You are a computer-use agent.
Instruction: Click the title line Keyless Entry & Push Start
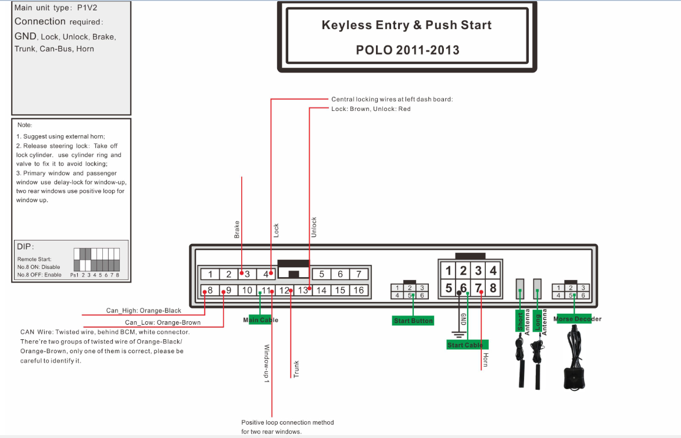pyautogui.click(x=407, y=25)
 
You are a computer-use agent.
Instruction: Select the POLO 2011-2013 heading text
pyautogui.click(x=407, y=50)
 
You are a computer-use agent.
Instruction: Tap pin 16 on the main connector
pyautogui.click(x=359, y=290)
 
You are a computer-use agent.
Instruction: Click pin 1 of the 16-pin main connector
pyautogui.click(x=210, y=274)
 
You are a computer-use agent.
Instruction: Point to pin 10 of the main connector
pyautogui.click(x=247, y=290)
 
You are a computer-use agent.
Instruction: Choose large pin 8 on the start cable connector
pyautogui.click(x=493, y=288)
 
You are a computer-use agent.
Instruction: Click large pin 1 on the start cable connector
pyautogui.click(x=449, y=271)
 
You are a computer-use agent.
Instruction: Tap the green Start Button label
pyautogui.click(x=413, y=321)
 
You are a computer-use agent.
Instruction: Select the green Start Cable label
pyautogui.click(x=467, y=344)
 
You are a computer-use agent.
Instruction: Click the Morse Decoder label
pyautogui.click(x=577, y=319)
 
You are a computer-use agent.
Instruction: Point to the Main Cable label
pyautogui.click(x=260, y=320)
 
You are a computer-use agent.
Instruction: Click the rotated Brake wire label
pyautogui.click(x=236, y=229)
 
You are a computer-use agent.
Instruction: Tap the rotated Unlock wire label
pyautogui.click(x=314, y=227)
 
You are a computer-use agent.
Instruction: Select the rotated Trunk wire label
pyautogui.click(x=296, y=369)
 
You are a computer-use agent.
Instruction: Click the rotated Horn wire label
pyautogui.click(x=486, y=360)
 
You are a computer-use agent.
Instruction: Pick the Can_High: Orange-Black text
pyautogui.click(x=144, y=310)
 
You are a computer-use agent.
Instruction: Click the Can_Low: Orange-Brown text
pyautogui.click(x=163, y=322)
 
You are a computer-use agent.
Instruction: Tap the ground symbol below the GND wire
pyautogui.click(x=458, y=335)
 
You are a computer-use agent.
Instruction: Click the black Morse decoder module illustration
pyautogui.click(x=575, y=358)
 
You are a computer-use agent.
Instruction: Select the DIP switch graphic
pyautogui.click(x=96, y=260)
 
